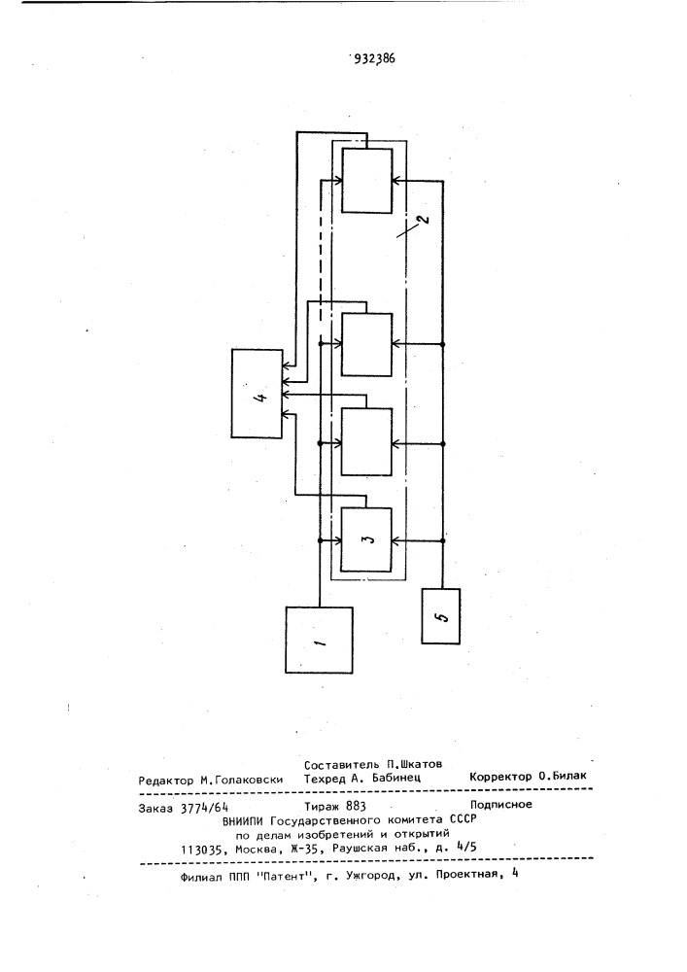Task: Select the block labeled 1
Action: coord(319,640)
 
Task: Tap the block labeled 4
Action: coord(258,394)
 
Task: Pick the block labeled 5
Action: coord(440,616)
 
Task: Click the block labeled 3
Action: coord(366,539)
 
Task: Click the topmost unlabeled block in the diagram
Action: coord(366,181)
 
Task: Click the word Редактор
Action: coord(166,781)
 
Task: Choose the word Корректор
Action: coord(500,776)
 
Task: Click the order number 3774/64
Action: coord(204,808)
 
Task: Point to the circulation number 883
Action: coord(356,807)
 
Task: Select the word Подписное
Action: coord(500,805)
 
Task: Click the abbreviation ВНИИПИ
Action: coord(244,820)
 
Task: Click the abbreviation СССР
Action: coord(464,818)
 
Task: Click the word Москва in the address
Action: coord(257,850)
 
